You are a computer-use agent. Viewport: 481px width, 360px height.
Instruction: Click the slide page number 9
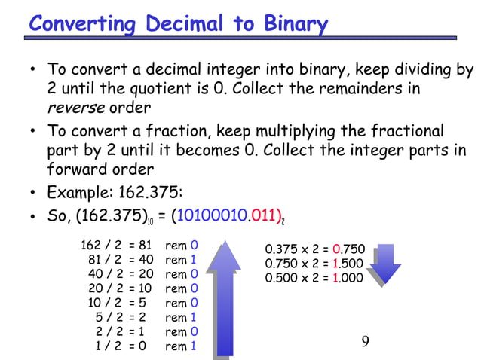click(366, 343)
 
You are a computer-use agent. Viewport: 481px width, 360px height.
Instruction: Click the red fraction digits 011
click(266, 218)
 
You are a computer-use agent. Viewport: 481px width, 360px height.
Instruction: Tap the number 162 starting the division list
click(90, 246)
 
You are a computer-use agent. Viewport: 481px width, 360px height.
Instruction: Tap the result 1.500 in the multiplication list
click(348, 264)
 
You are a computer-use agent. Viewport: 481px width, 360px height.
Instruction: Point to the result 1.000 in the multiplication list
click(348, 278)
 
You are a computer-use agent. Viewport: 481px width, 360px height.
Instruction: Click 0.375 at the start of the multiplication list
click(280, 250)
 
